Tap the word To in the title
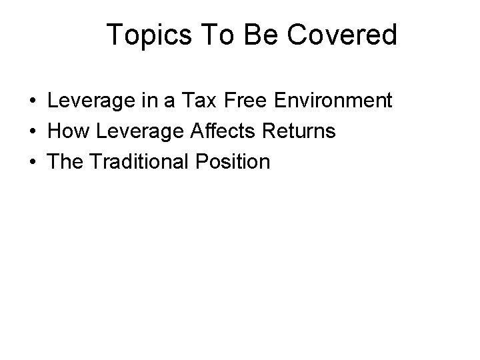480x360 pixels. click(x=210, y=35)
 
